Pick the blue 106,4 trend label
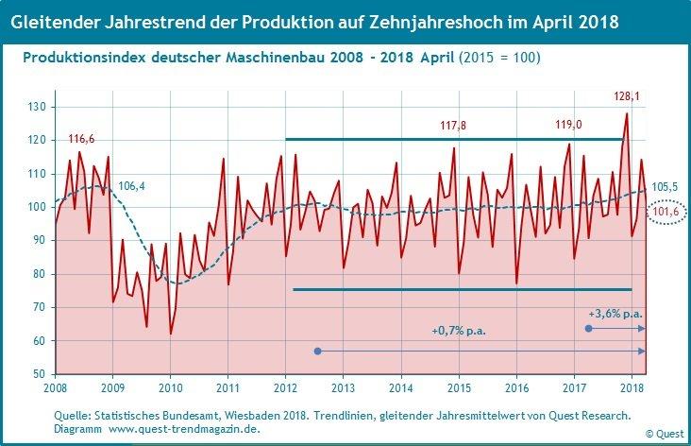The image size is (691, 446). click(131, 186)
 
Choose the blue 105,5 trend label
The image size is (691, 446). click(666, 188)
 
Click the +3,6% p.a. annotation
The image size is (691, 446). click(615, 313)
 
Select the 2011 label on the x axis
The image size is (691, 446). click(228, 387)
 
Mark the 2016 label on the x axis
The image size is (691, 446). click(516, 387)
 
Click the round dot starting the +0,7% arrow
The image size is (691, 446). click(318, 351)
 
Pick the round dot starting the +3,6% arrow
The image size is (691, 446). click(589, 328)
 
